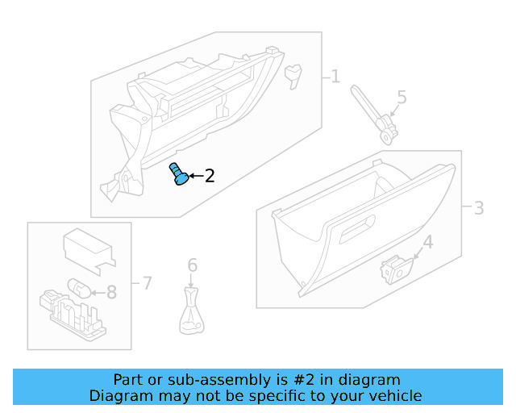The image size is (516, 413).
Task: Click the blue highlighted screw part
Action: pos(178,173)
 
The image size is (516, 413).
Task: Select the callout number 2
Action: pos(209,176)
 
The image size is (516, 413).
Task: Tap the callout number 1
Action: pos(335,77)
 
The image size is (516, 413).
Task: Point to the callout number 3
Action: pos(478,208)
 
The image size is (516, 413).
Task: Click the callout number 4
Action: pos(427,242)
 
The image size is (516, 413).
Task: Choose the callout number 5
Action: pos(401,98)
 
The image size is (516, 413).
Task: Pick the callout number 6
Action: pos(192,265)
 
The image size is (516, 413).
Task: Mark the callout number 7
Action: pos(146,283)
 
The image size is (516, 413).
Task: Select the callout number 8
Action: pos(111,292)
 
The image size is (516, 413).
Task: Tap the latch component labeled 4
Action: pos(396,269)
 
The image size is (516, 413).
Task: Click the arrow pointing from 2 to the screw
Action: pos(195,176)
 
